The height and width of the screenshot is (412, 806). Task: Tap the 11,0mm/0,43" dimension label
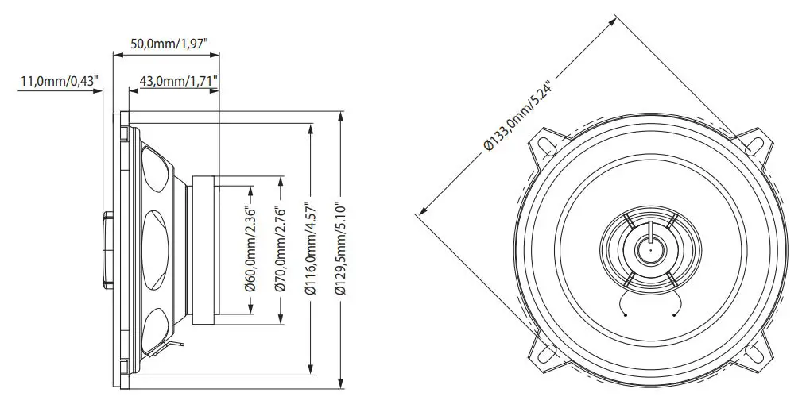point(59,80)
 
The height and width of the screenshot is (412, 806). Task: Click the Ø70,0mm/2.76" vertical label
point(280,250)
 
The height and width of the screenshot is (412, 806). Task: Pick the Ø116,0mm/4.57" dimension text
point(310,250)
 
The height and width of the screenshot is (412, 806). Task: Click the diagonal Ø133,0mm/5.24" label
point(517,112)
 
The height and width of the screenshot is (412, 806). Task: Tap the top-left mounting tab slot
point(546,146)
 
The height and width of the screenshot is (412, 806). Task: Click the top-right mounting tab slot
point(754,146)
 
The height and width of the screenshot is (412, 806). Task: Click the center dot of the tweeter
point(649,250)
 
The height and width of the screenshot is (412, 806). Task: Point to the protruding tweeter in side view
point(107,250)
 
